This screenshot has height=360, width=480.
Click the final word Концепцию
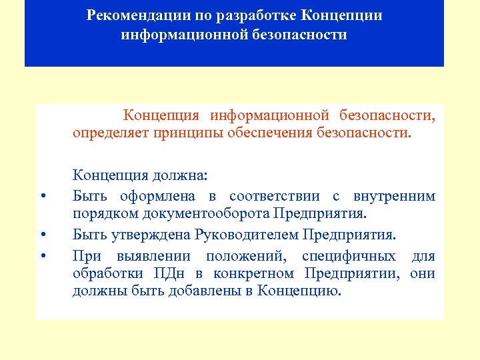point(299,292)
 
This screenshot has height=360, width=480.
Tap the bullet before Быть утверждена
point(43,235)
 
